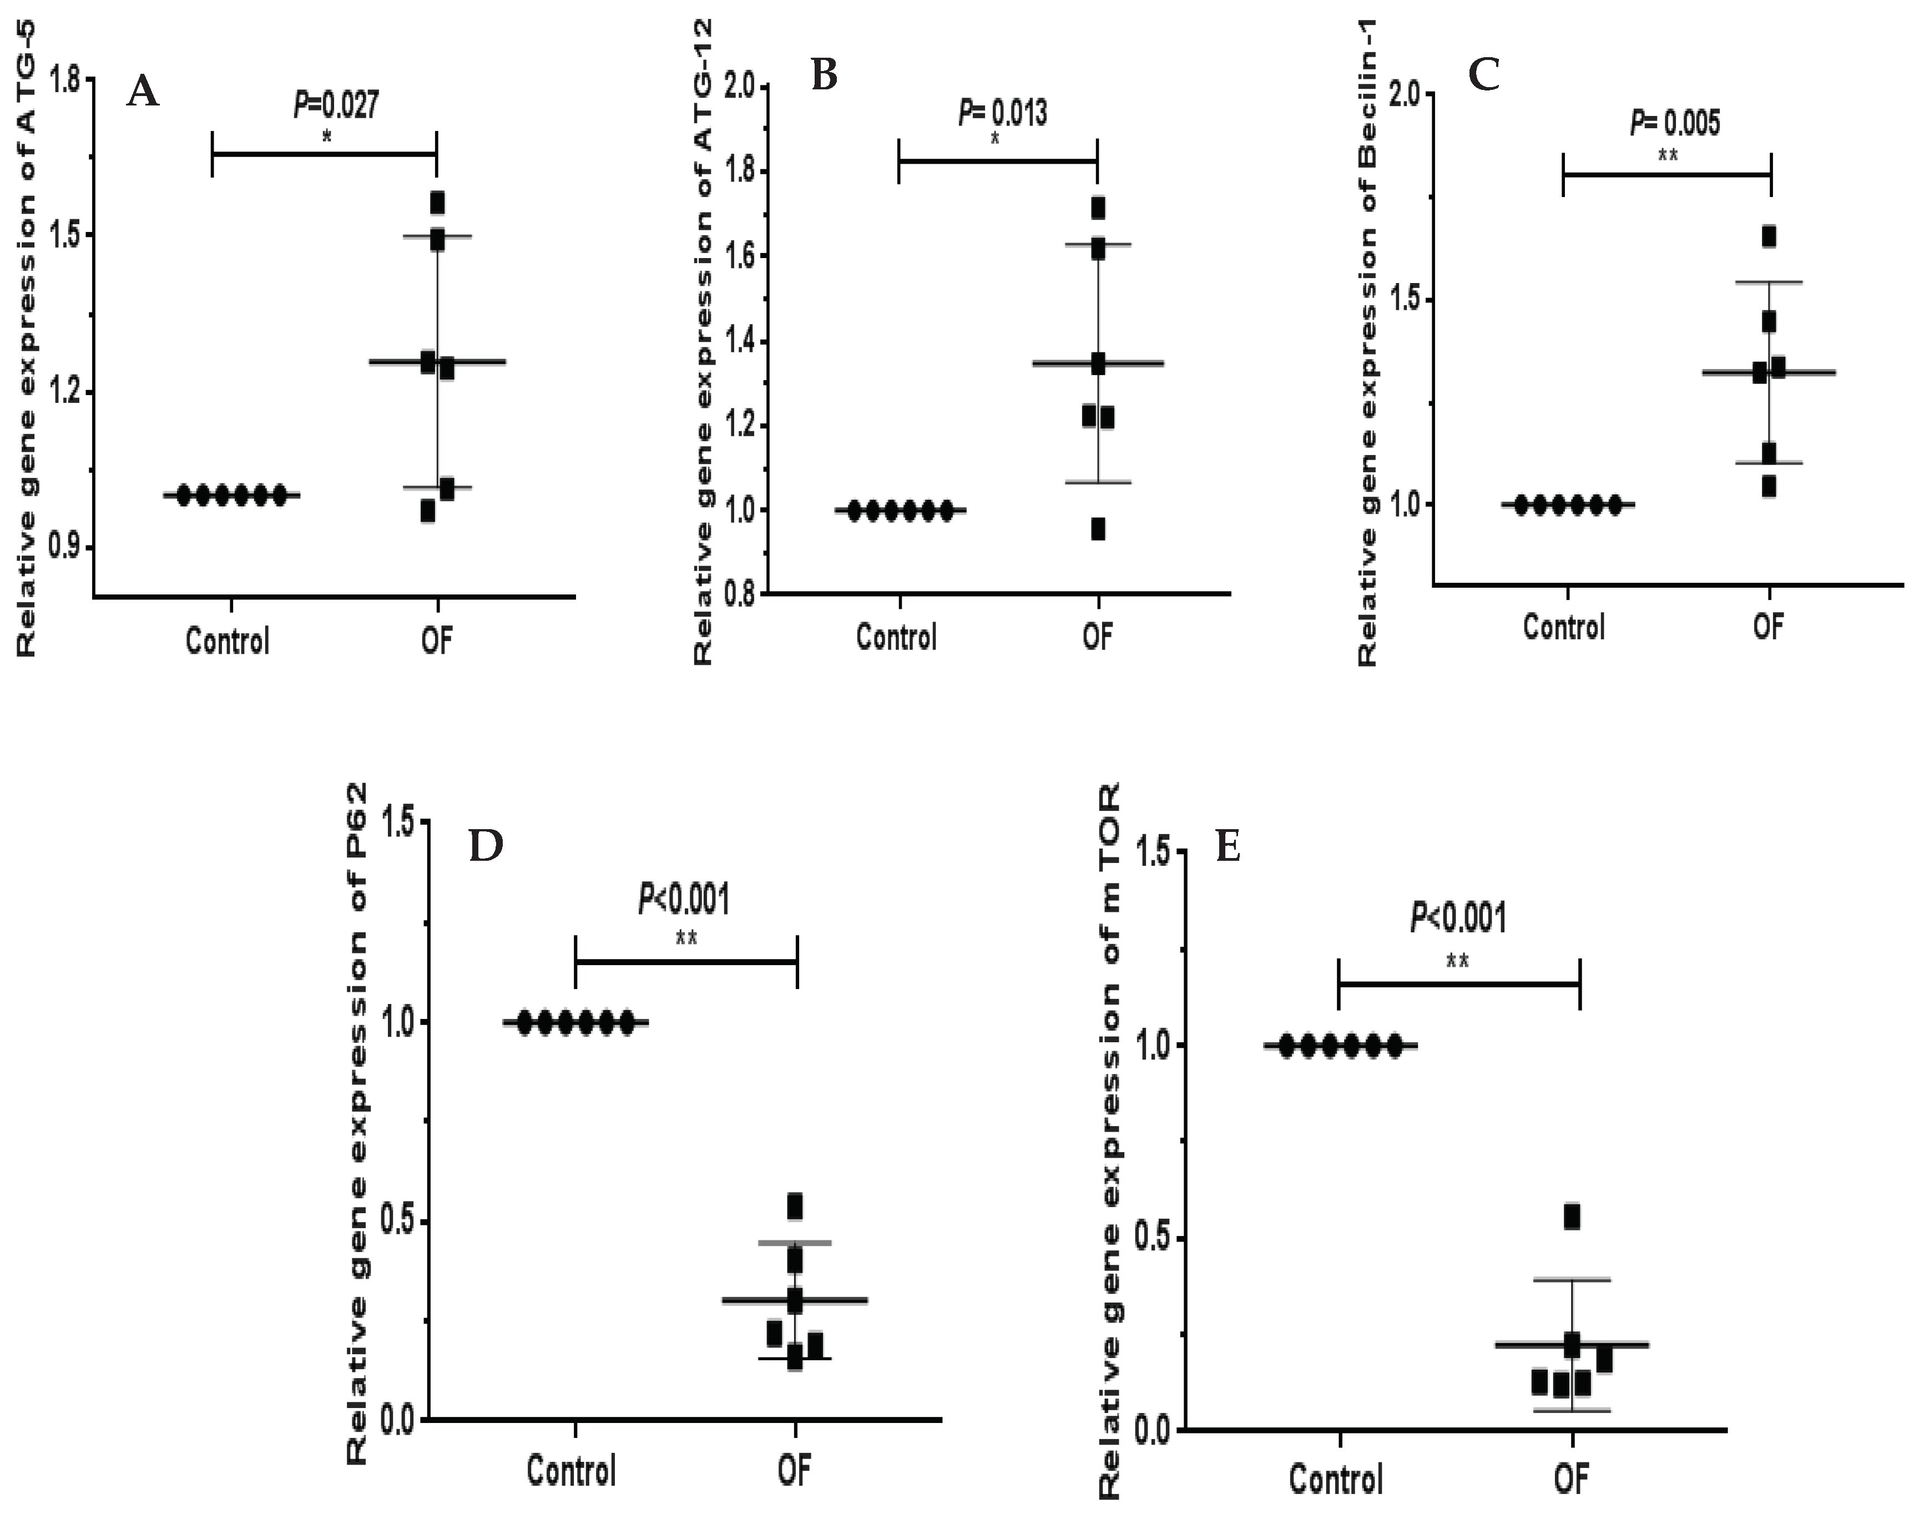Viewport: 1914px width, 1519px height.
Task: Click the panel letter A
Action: tap(143, 92)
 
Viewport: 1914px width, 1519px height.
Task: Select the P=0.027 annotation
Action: tap(336, 105)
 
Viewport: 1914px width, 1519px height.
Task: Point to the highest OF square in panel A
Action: tap(437, 203)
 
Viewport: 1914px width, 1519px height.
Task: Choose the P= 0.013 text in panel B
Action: tap(1002, 114)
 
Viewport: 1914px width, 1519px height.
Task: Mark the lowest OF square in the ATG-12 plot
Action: tap(1098, 529)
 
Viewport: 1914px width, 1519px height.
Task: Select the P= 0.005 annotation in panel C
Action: tap(1674, 123)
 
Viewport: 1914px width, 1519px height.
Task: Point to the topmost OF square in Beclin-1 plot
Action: tap(1769, 236)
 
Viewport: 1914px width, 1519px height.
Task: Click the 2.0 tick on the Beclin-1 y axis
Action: tap(1407, 95)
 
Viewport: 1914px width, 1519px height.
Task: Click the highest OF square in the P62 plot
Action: tap(795, 1205)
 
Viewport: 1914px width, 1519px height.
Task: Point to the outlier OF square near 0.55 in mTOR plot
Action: tap(1572, 1217)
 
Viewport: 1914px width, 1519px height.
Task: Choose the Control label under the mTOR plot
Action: tap(1336, 1480)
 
